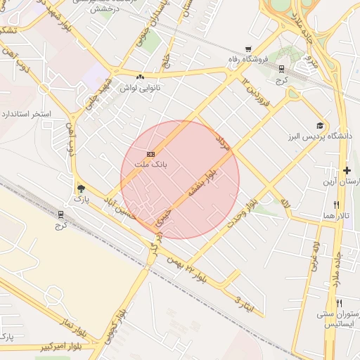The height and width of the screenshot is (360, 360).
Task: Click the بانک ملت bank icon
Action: point(150,154)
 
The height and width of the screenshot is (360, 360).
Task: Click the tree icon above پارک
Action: point(81,188)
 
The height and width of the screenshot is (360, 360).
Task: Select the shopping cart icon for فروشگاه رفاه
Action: point(247,49)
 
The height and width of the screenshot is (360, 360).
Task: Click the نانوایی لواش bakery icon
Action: point(140,76)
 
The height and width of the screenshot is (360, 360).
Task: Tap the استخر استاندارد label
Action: point(26,113)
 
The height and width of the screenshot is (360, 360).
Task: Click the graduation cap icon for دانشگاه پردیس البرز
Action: point(321,124)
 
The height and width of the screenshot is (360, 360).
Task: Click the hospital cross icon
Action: point(347,170)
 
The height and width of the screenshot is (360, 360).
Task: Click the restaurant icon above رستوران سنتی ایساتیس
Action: point(340,302)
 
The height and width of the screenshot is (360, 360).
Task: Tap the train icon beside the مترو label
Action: point(281,69)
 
